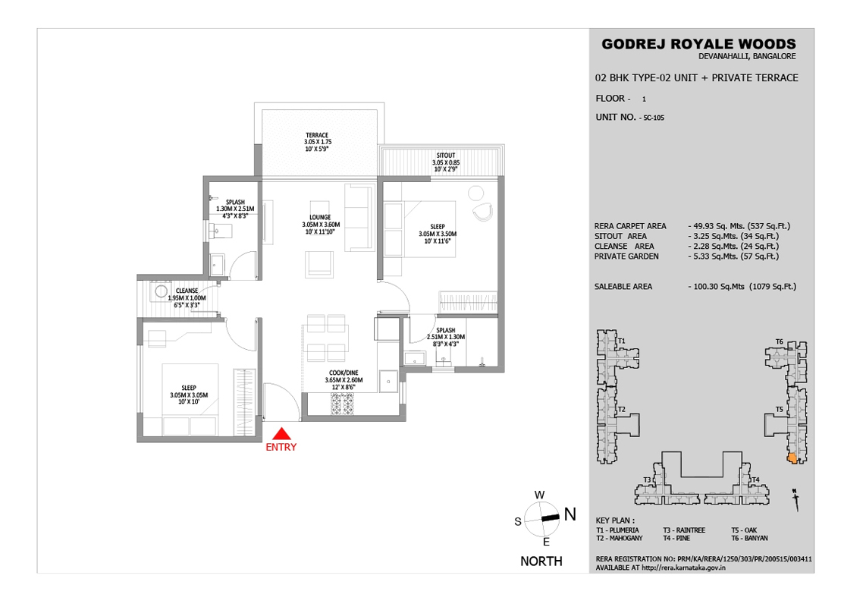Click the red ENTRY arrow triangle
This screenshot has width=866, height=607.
[281, 433]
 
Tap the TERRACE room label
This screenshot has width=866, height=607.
[317, 135]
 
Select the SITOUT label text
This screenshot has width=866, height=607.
[446, 156]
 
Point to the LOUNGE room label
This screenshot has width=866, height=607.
[320, 217]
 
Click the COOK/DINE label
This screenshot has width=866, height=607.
[344, 373]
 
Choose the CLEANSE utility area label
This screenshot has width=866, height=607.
[187, 291]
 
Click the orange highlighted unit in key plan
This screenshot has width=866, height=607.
[792, 458]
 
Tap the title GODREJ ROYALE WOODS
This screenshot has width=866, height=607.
[698, 44]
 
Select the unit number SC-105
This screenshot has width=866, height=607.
[654, 118]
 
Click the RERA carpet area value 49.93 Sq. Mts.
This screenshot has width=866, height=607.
[718, 226]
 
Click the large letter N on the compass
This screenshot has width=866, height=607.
[570, 514]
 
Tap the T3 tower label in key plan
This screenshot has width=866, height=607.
[647, 480]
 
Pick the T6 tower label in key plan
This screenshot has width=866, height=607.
[780, 341]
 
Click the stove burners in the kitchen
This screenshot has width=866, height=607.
[343, 404]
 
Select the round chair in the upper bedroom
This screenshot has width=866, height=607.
[482, 212]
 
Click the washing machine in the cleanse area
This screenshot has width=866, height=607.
[162, 291]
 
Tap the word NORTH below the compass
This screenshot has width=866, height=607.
[541, 561]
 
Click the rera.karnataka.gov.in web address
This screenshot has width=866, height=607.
[684, 568]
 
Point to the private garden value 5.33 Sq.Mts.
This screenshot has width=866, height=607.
[716, 256]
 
